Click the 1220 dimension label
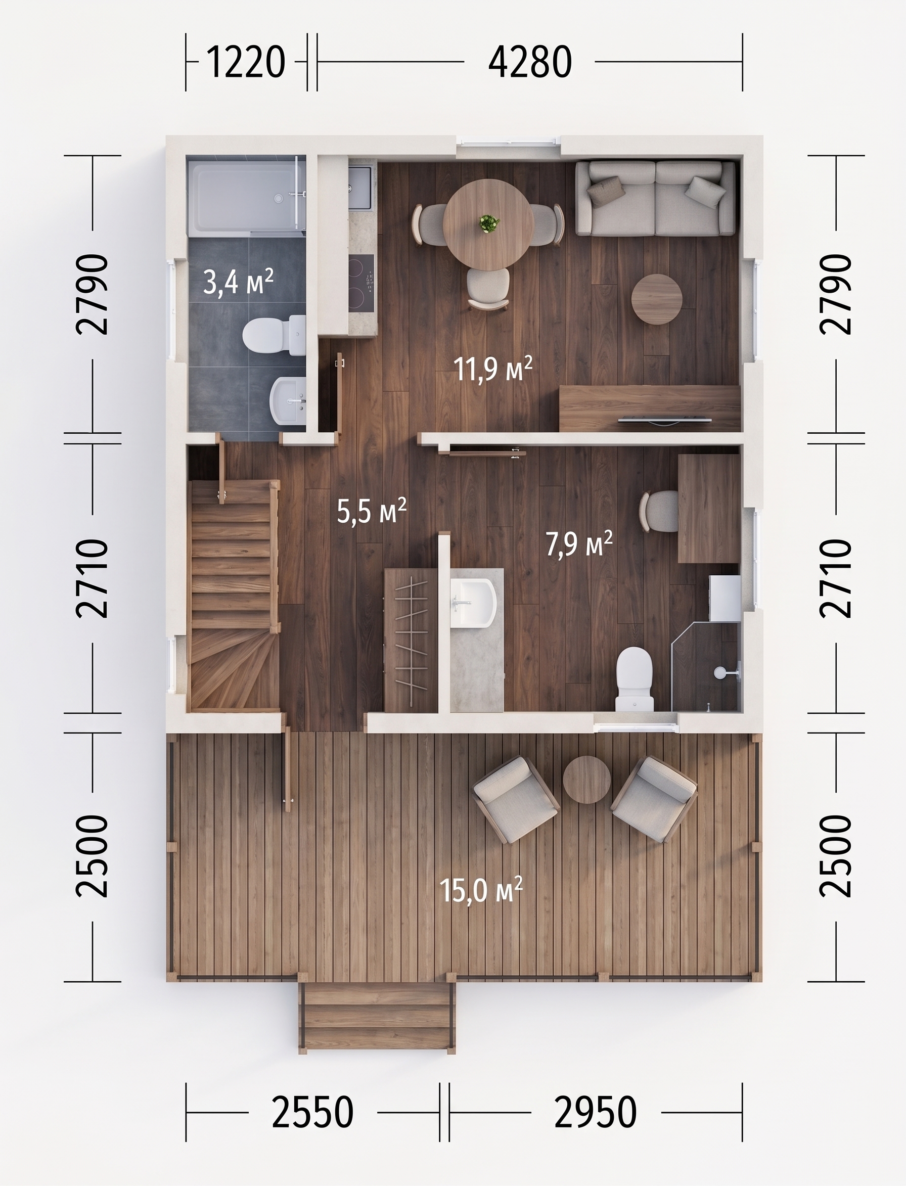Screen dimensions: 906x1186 click(x=245, y=63)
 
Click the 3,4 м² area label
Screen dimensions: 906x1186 click(x=238, y=282)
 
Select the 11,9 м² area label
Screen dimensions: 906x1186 click(x=493, y=369)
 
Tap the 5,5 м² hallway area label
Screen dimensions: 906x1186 click(x=372, y=510)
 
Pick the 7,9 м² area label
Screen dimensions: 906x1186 click(x=580, y=543)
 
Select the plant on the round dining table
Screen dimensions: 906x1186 click(x=488, y=223)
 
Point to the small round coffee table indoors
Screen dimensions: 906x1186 click(x=657, y=299)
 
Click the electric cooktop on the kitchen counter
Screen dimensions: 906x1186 click(x=361, y=284)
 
